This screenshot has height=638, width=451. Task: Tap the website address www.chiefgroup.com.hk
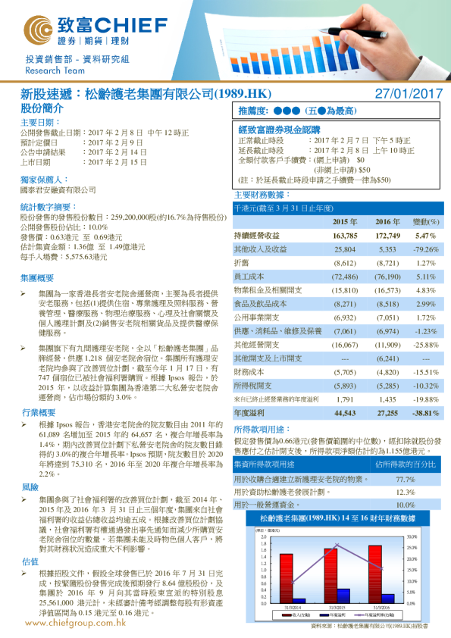click(x=75, y=624)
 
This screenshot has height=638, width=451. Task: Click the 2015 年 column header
click(x=346, y=222)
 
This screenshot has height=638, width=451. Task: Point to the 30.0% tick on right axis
click(x=412, y=536)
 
